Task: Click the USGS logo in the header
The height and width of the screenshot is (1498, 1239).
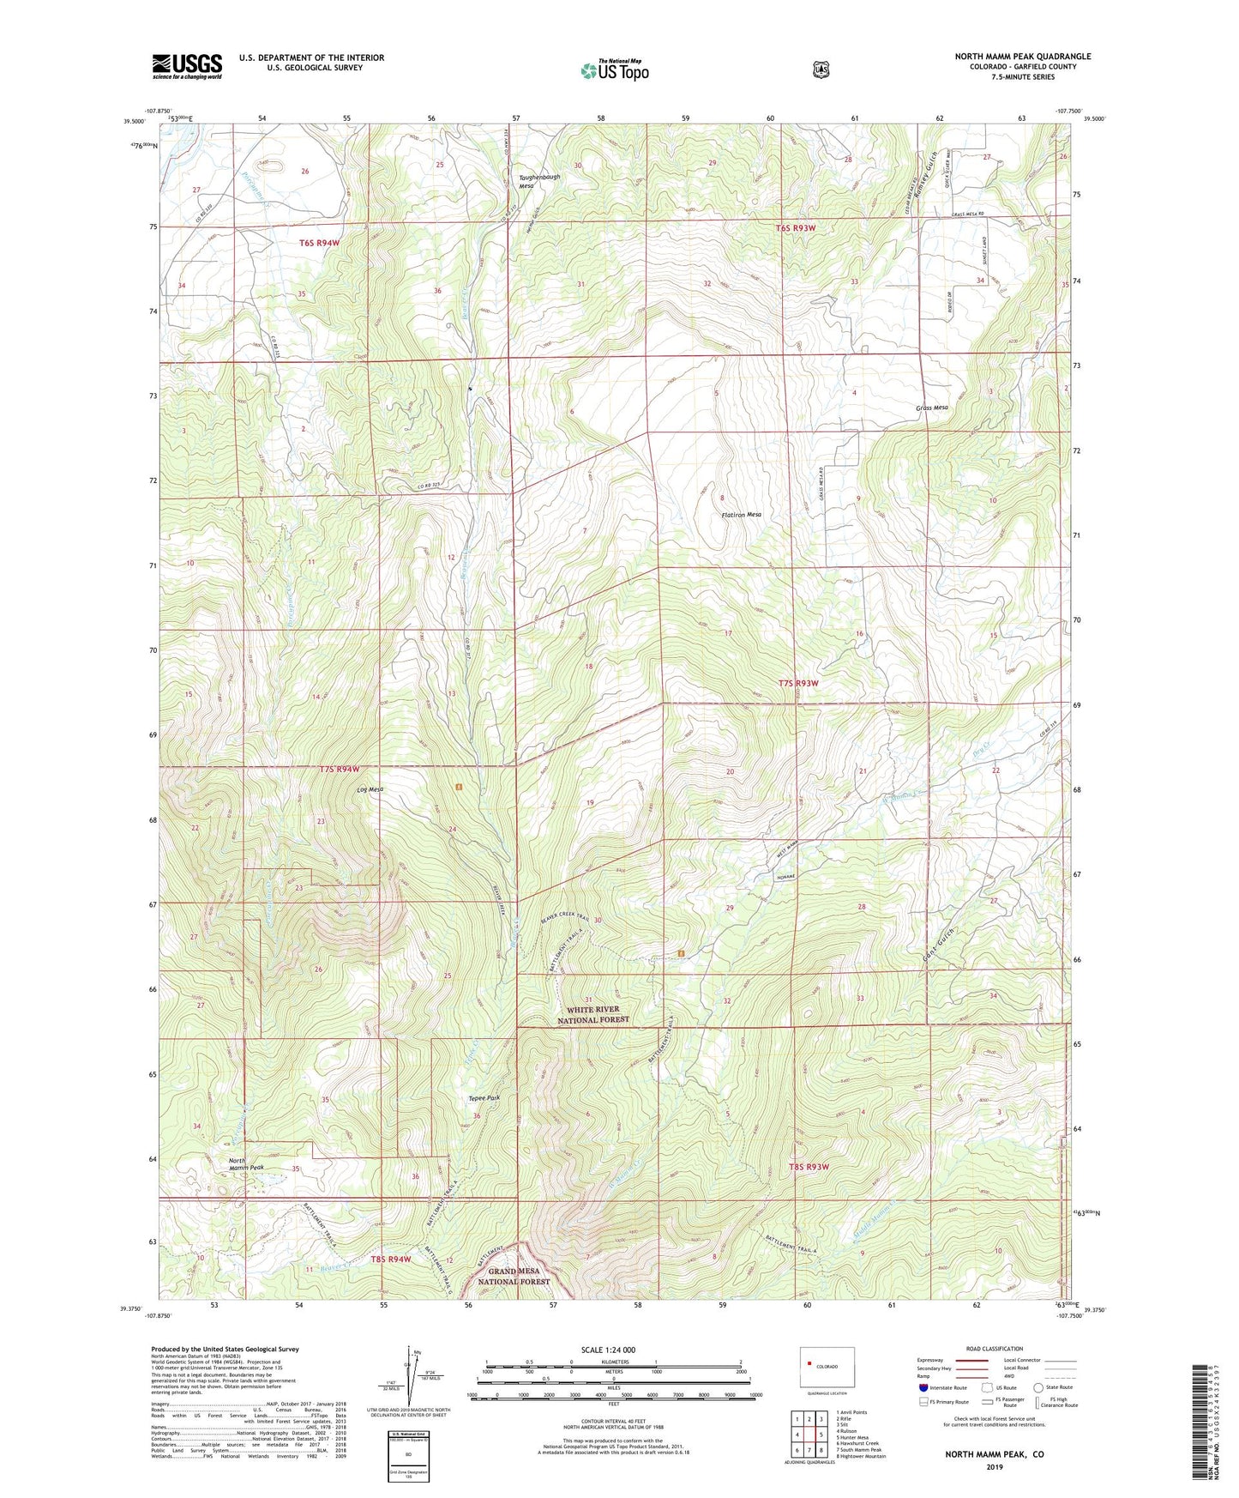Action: [x=187, y=66]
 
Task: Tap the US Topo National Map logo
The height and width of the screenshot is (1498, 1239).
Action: [x=614, y=70]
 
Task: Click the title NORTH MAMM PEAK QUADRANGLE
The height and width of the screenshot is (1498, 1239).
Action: [x=1022, y=57]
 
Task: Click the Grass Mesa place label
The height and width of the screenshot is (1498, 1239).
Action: [x=931, y=408]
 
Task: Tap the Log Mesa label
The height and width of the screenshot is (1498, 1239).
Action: [x=370, y=789]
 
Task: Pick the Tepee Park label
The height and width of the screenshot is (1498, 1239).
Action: [x=484, y=1098]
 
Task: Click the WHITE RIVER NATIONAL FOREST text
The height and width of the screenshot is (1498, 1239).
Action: [x=593, y=1015]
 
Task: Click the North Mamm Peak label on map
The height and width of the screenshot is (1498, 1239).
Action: [x=246, y=1164]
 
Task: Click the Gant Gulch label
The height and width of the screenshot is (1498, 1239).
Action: [x=939, y=943]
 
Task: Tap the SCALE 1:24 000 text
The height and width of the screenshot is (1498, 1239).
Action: [x=608, y=1350]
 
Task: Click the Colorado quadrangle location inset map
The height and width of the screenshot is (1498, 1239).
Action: [x=827, y=1369]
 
